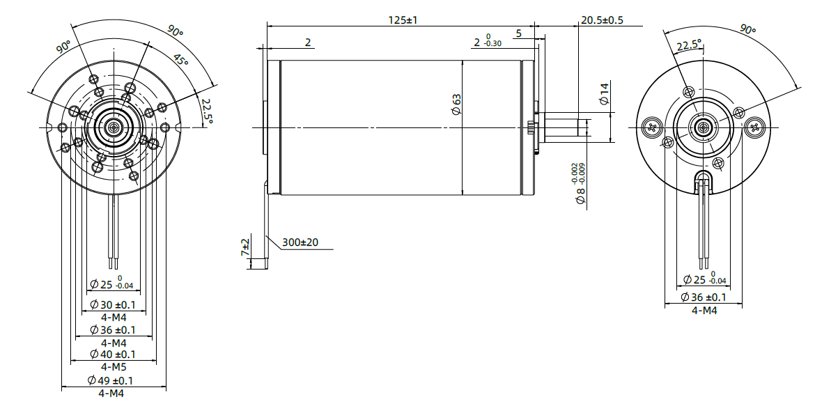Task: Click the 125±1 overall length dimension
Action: pyautogui.click(x=402, y=20)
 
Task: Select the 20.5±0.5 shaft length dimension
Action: pyautogui.click(x=602, y=20)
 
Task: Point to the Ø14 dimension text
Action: pyautogui.click(x=604, y=93)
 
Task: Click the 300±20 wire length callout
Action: pyautogui.click(x=300, y=242)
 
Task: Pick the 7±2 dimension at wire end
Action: pyautogui.click(x=245, y=247)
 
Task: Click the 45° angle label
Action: pyautogui.click(x=181, y=61)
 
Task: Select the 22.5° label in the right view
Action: pyautogui.click(x=689, y=45)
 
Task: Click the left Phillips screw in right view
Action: pyautogui.click(x=653, y=127)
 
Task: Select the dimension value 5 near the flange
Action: pyautogui.click(x=519, y=33)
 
